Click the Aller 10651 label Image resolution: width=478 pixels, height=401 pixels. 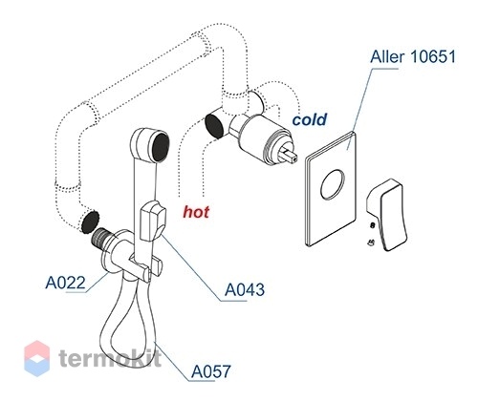pyautogui.click(x=413, y=57)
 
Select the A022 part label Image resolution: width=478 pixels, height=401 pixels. pyautogui.click(x=65, y=283)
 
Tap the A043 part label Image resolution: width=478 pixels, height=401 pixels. pyautogui.click(x=245, y=289)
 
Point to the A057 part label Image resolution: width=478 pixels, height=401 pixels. pyautogui.click(x=210, y=371)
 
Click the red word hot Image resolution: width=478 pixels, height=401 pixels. pyautogui.click(x=196, y=212)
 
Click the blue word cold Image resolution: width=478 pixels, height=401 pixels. pyautogui.click(x=310, y=119)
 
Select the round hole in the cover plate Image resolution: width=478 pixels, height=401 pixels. pyautogui.click(x=333, y=184)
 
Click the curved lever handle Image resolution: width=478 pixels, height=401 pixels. pyautogui.click(x=386, y=215)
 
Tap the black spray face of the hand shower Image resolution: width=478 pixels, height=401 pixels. pyautogui.click(x=161, y=147)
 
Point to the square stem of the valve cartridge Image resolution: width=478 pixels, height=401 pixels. pyautogui.click(x=291, y=156)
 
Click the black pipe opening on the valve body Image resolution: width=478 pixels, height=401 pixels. pyautogui.click(x=214, y=125)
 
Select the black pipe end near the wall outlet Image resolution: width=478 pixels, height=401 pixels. pyautogui.click(x=90, y=222)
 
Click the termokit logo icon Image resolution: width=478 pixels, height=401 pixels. pyautogui.click(x=37, y=358)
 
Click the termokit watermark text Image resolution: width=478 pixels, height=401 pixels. pyautogui.click(x=110, y=358)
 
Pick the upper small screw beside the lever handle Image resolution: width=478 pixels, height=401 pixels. pyautogui.click(x=372, y=225)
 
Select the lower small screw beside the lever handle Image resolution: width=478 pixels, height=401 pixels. pyautogui.click(x=371, y=243)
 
